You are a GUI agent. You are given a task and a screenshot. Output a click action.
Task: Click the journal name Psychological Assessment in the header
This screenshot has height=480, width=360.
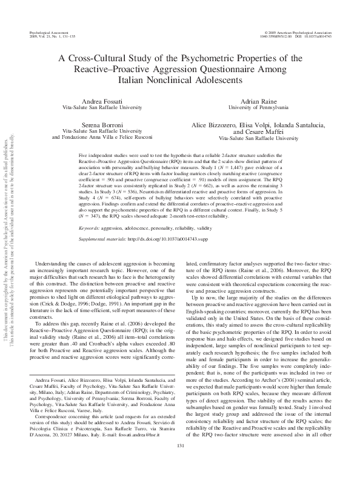tap(47, 30)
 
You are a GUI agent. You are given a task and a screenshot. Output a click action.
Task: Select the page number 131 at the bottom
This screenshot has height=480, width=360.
tap(179, 464)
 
